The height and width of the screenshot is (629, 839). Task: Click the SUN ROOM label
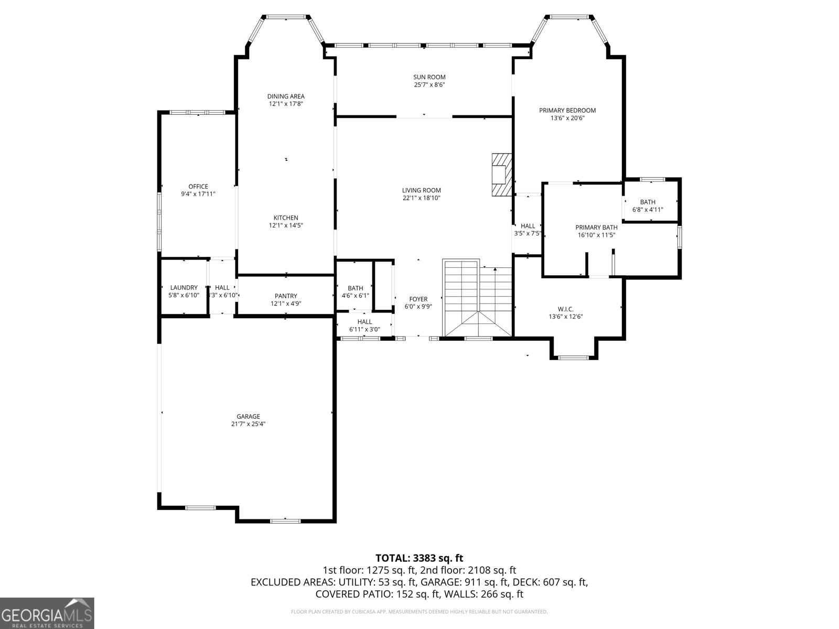pos(429,78)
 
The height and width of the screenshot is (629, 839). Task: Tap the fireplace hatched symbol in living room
pos(501,175)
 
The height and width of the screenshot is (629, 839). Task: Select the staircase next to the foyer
pos(477,299)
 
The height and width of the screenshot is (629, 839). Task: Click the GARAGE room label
pos(248,417)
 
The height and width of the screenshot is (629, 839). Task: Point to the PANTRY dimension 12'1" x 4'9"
pos(286,303)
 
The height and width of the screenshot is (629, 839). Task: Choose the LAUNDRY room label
pos(184,287)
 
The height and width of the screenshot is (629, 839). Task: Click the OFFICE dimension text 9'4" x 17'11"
pos(198,194)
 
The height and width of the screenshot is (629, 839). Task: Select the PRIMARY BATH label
pos(596,227)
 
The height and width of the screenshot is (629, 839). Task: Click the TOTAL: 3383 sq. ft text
pos(419,558)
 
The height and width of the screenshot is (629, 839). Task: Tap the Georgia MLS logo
pos(47,613)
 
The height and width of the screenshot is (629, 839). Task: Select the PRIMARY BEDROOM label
pos(567,111)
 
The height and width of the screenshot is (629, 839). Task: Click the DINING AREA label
pos(286,96)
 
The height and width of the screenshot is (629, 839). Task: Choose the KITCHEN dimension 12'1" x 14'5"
pos(286,225)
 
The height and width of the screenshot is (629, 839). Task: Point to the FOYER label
pos(418,299)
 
